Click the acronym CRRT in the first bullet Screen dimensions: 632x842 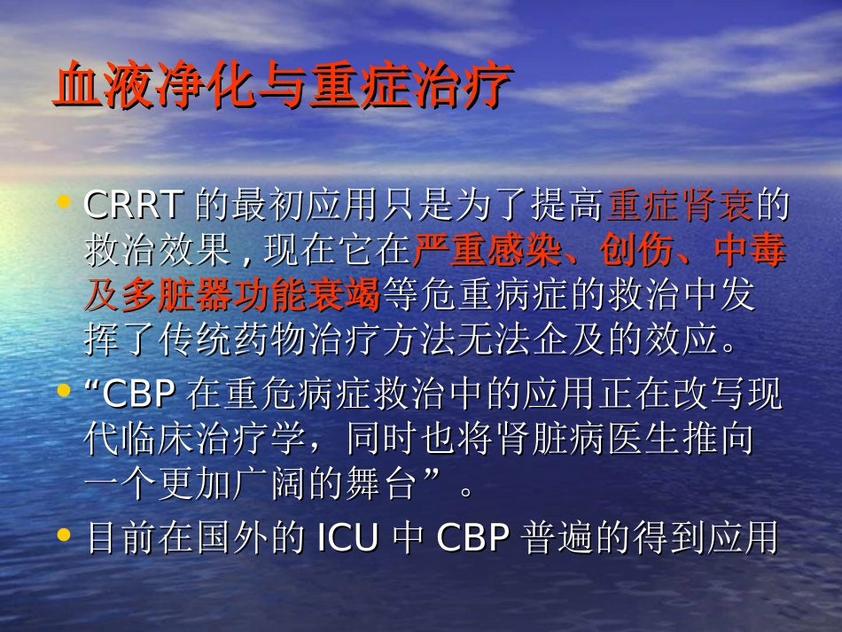tap(133, 206)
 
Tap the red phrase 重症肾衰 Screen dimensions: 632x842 tap(680, 206)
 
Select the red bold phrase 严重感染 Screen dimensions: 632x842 tap(487, 252)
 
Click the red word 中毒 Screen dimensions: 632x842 tap(750, 252)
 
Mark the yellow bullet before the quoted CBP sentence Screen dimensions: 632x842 tap(64, 391)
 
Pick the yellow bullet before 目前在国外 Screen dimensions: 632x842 tap(64, 535)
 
